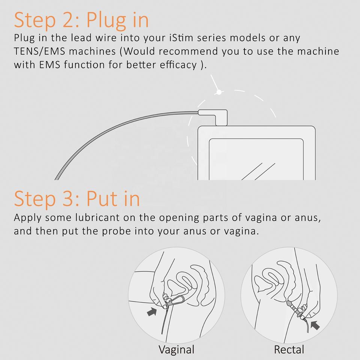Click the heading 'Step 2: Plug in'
point(81,20)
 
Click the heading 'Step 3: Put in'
point(77,199)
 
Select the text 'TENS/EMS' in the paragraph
point(39,51)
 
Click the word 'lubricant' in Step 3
point(97,217)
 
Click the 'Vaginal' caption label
point(176,349)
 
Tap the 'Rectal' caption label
point(289,349)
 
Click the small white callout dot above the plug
point(219,92)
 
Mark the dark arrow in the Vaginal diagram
point(152,312)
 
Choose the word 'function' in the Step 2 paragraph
point(84,65)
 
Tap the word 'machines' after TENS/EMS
point(92,51)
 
